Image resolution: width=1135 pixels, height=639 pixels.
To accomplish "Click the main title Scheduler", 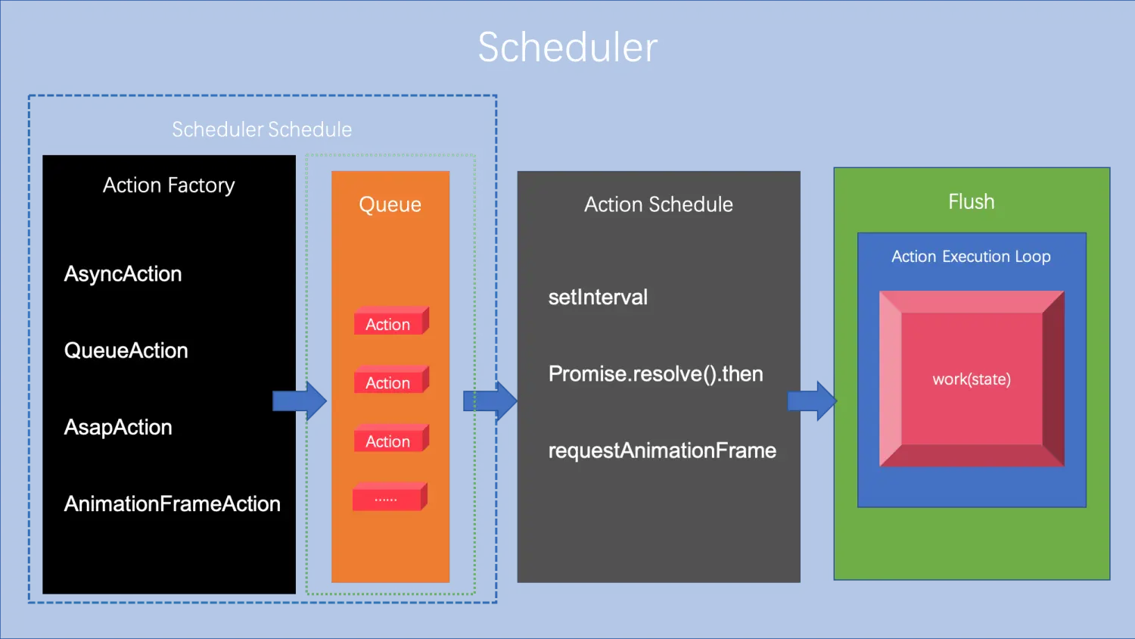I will [x=567, y=48].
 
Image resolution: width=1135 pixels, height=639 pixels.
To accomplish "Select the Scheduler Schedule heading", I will [x=262, y=129].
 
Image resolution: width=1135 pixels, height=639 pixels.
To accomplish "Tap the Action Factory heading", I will [x=169, y=185].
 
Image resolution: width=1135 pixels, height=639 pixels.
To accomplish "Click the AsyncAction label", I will [x=123, y=274].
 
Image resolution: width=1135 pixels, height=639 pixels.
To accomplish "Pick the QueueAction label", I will [x=126, y=351].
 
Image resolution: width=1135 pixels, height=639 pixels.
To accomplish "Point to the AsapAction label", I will [x=118, y=427].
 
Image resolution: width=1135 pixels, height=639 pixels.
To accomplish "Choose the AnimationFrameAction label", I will [x=172, y=504].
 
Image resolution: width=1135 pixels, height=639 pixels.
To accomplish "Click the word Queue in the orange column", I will [x=390, y=204].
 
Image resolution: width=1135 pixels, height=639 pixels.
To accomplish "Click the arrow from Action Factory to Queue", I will [x=299, y=401].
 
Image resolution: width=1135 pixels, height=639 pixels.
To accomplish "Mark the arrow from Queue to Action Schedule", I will [x=490, y=401].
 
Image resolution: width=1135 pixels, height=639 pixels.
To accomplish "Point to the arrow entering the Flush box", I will [x=812, y=401].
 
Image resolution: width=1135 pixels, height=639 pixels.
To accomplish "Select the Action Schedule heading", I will [x=658, y=204].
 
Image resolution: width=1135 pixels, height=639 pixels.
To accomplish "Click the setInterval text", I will [x=598, y=298].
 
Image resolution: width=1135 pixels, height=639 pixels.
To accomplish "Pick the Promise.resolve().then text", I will [x=655, y=374].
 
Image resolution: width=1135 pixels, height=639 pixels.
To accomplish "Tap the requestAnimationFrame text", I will [x=662, y=450].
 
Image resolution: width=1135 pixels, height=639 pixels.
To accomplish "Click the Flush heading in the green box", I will [x=972, y=202].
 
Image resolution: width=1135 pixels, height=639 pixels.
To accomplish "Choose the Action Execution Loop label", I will [x=971, y=257].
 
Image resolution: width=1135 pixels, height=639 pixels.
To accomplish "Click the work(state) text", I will [x=972, y=379].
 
